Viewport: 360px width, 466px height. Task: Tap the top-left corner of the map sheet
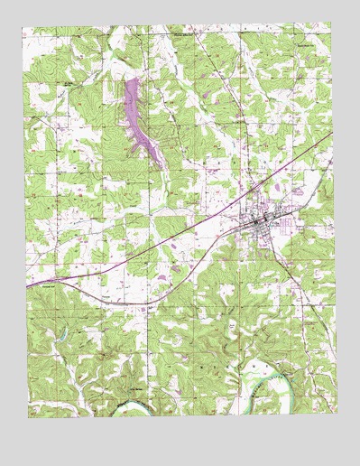pos(23,27)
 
